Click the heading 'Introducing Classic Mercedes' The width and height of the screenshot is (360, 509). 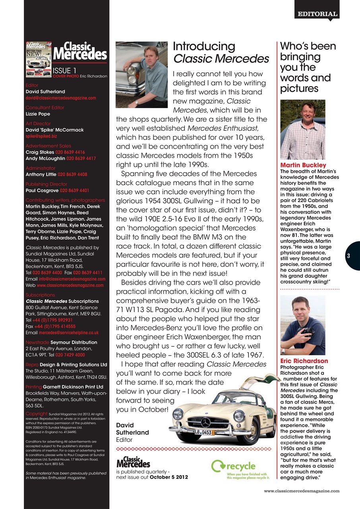coord(221,52)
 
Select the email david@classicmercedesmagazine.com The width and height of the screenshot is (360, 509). coord(60,98)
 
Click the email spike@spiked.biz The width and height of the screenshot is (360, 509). coord(41,136)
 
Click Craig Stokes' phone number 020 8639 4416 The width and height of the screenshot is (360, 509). coord(72,152)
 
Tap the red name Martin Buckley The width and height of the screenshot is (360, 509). coord(303,165)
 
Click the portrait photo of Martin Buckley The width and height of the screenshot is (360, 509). coord(303,129)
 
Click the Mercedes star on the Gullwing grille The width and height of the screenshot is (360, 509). coord(206,422)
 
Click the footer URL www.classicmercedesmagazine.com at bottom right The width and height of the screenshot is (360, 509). coord(302,491)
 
